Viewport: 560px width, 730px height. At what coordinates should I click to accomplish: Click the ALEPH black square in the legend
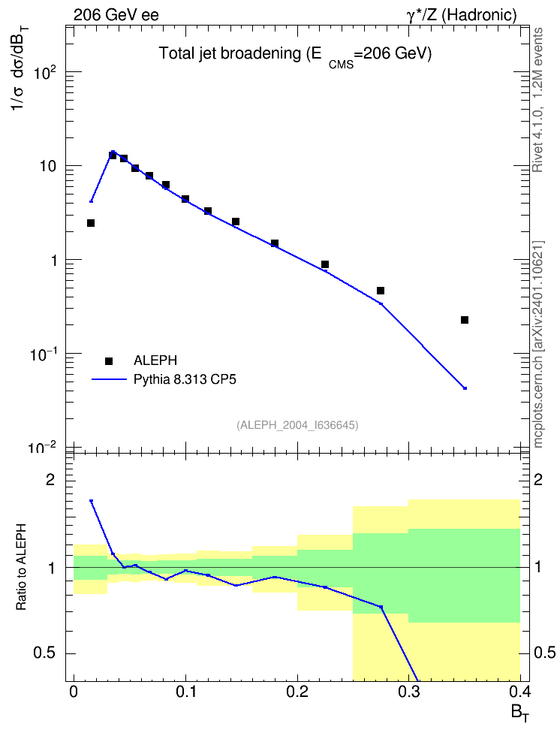point(109,360)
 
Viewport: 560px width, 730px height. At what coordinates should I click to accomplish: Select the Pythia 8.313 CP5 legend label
point(185,379)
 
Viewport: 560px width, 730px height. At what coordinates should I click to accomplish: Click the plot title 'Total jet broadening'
point(230,53)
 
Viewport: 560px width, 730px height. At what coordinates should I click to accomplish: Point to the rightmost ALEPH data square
point(464,320)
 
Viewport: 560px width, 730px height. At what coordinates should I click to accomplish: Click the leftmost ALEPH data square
point(91,223)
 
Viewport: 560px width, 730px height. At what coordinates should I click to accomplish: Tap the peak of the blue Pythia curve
point(113,151)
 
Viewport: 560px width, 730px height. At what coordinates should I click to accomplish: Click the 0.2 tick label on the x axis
point(297,692)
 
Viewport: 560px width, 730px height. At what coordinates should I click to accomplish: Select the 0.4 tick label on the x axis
point(520,692)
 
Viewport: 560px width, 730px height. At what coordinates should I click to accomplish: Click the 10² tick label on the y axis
point(44,73)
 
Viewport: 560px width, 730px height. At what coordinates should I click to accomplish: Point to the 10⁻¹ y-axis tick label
point(43,354)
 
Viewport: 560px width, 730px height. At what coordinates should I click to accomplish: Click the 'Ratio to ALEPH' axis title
point(21,567)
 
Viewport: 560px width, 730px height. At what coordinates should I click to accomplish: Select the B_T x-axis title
point(520,713)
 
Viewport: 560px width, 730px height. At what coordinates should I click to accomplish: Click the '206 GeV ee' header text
point(116,15)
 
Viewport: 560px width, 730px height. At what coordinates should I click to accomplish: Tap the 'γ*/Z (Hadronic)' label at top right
point(462,16)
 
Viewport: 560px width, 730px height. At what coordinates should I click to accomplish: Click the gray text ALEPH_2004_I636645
point(297,425)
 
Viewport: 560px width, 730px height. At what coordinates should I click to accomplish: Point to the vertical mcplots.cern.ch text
point(538,344)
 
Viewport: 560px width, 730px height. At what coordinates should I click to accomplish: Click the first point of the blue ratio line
point(92,501)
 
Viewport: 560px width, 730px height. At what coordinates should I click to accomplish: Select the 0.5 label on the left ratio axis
point(44,653)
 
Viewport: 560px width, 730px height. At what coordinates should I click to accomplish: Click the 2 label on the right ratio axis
point(538,479)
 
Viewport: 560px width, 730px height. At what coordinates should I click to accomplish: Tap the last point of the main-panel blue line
point(465,388)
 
